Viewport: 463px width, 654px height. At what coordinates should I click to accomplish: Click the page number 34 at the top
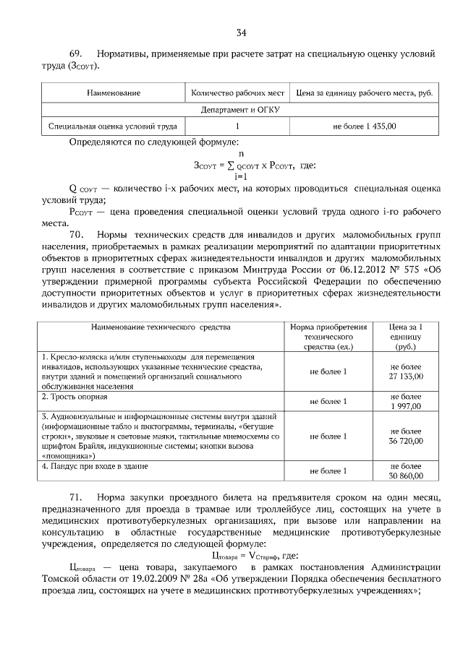point(241,32)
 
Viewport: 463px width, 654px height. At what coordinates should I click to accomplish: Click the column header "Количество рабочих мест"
point(237,93)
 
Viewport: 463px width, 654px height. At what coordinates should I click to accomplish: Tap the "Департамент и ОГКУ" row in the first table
point(240,110)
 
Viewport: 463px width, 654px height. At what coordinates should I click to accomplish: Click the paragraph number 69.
point(76,54)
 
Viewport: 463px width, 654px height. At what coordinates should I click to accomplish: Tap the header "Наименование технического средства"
point(161,327)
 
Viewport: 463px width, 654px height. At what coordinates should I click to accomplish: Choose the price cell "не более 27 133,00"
point(406,371)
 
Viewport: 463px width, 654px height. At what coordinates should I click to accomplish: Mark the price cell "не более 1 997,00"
point(406,401)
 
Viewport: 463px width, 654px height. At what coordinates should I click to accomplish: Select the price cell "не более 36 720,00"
point(406,436)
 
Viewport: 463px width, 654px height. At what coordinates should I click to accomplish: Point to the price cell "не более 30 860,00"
point(406,471)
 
